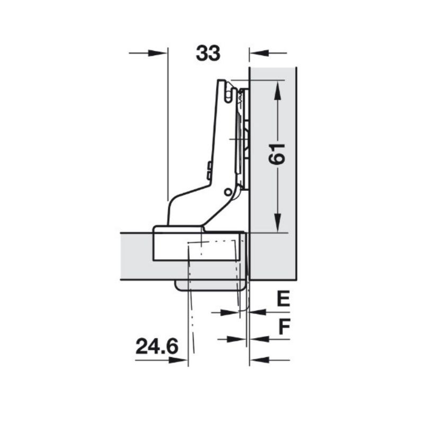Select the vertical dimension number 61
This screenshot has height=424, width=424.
click(277, 154)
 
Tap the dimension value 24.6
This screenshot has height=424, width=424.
click(157, 347)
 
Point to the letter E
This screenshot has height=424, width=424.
click(284, 298)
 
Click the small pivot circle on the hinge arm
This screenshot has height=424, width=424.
click(228, 192)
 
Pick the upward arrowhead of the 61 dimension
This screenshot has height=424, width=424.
click(278, 91)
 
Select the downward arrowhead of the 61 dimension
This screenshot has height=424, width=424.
click(278, 222)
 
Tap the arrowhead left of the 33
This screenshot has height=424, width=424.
click(157, 53)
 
